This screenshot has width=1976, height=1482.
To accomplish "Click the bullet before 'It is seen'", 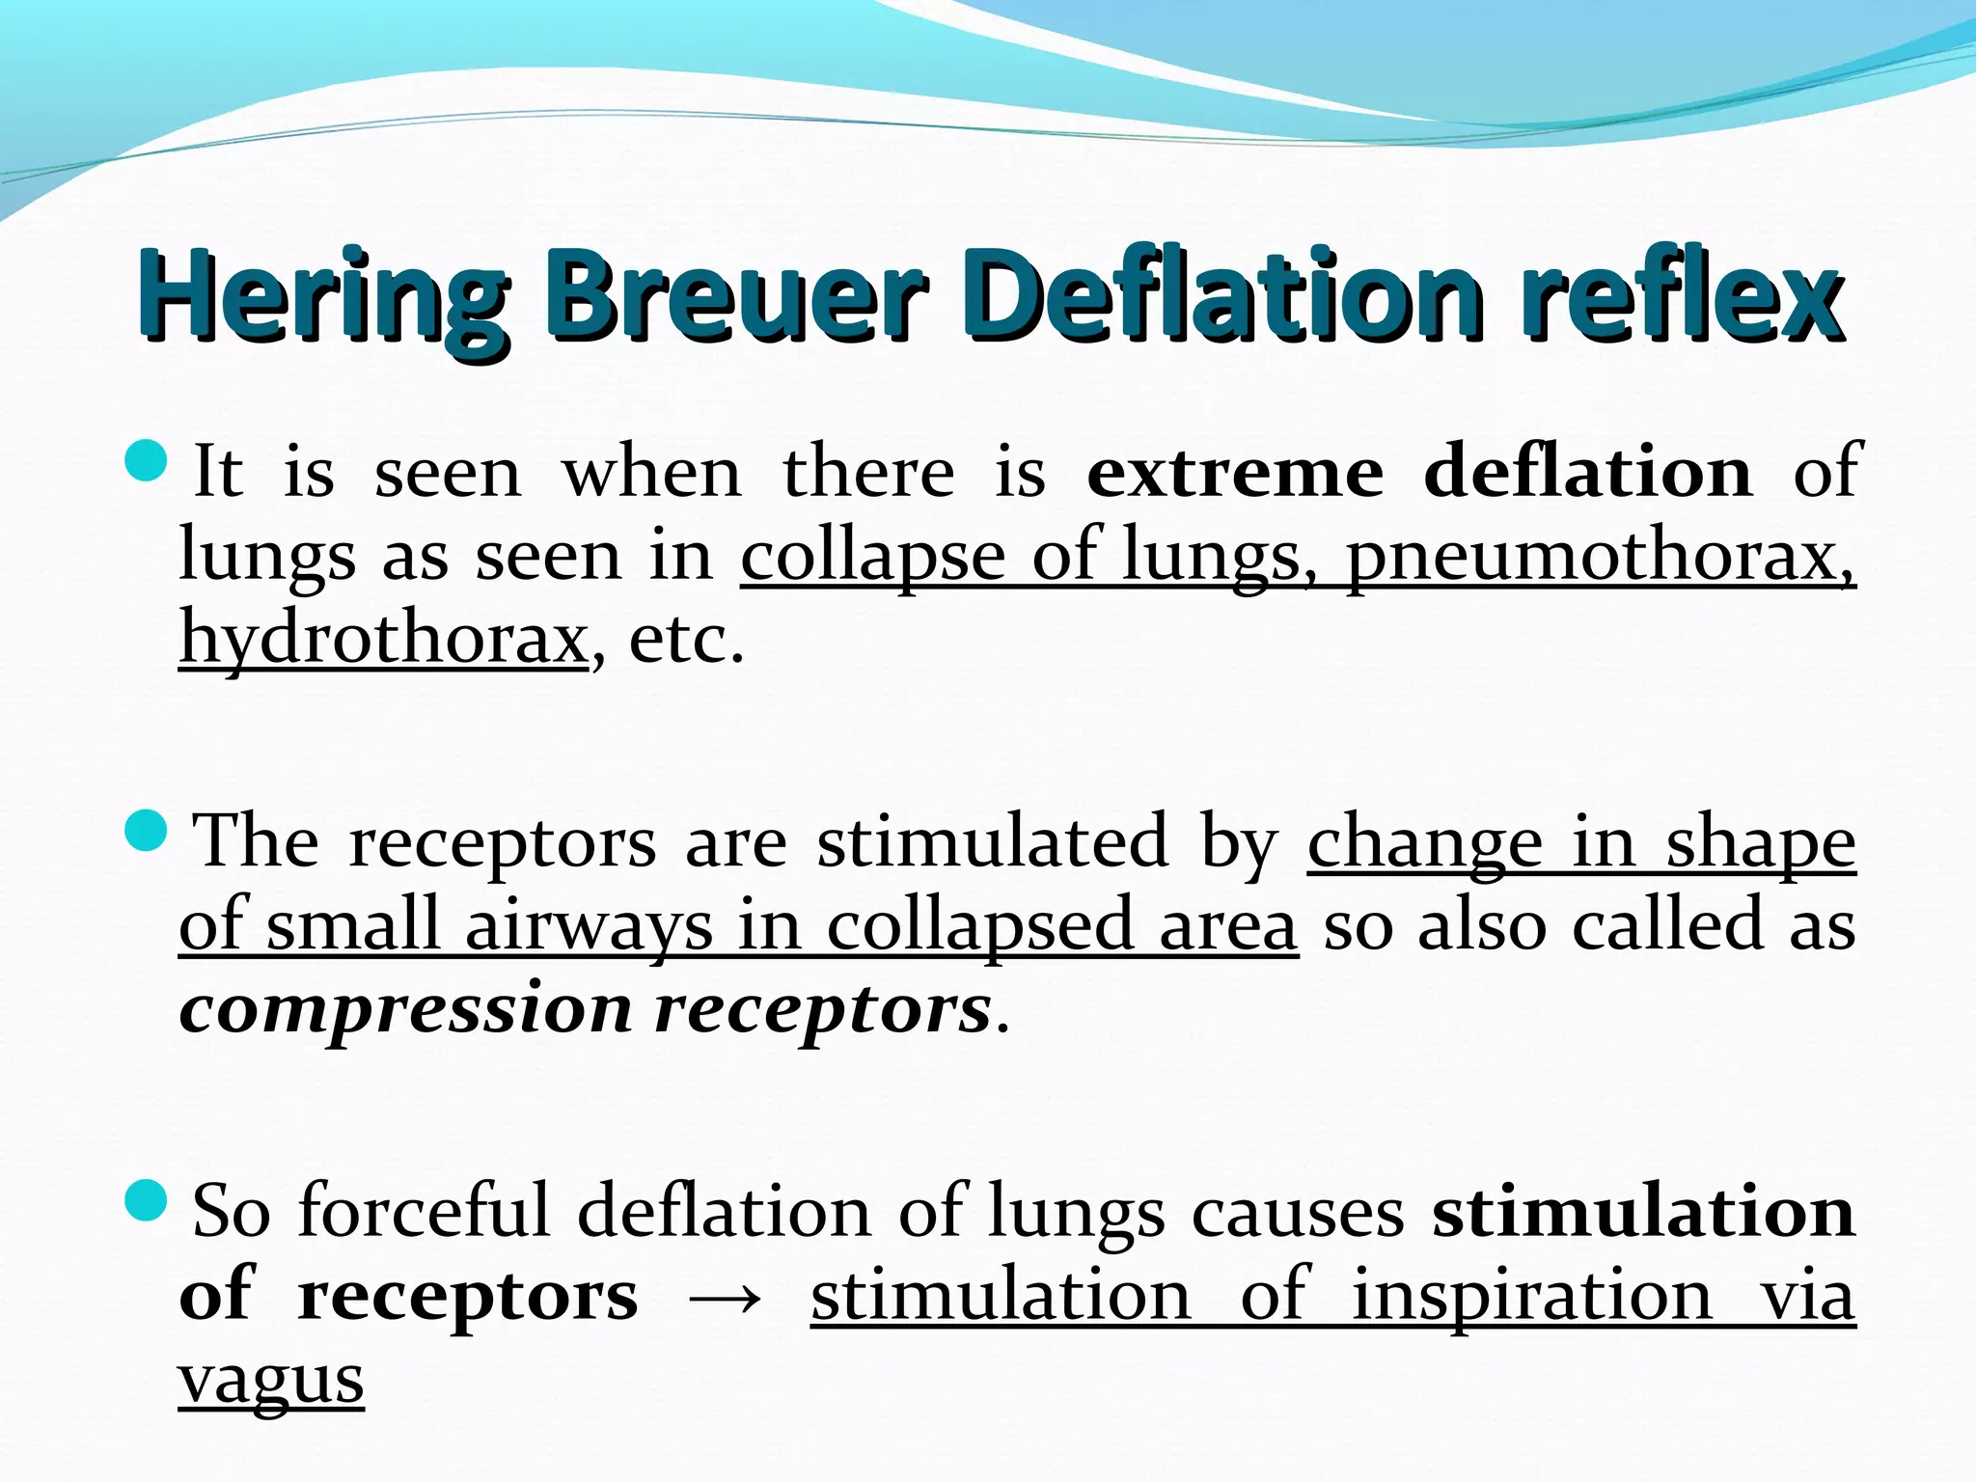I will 147,461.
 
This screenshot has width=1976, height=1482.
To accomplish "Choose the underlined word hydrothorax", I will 383,638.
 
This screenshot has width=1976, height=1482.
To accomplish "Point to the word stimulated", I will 994,841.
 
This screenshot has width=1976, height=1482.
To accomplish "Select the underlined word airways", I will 589,925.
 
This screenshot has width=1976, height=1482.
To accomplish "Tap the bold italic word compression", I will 405,1010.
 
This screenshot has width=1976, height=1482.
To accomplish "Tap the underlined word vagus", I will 271,1380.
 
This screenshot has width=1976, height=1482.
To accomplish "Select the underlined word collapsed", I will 980,925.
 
